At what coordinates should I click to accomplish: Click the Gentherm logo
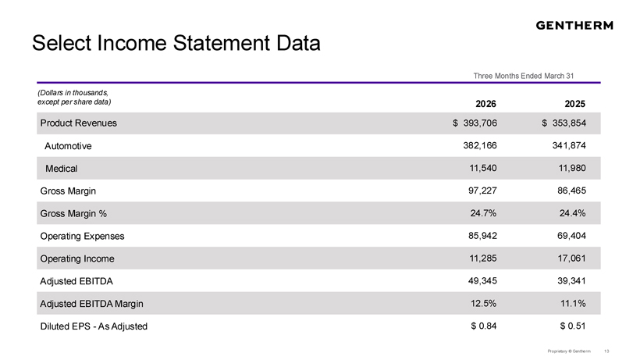tap(574, 25)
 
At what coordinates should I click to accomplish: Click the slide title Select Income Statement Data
tap(176, 43)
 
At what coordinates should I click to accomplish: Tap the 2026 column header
tap(485, 104)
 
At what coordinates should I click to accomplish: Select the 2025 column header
tap(574, 104)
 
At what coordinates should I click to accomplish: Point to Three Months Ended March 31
tap(523, 76)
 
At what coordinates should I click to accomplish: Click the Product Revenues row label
tap(78, 123)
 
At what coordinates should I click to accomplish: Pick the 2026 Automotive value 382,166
tap(480, 146)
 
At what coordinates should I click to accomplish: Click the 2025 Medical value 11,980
tap(572, 168)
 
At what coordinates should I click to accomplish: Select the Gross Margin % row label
tap(73, 213)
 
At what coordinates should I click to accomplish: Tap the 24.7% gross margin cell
tap(483, 213)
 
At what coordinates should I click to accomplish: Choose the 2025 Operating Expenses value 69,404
tap(571, 236)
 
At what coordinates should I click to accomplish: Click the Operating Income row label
tap(77, 258)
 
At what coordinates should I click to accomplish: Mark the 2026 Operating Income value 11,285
tap(483, 258)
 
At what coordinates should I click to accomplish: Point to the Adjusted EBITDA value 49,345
tap(482, 281)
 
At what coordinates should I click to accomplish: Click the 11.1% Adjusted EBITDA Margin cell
tap(573, 303)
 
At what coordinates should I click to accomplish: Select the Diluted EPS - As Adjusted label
tap(94, 326)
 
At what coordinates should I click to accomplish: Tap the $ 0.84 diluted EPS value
tap(484, 326)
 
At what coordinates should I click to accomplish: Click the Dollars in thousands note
tap(74, 97)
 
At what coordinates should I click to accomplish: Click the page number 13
tap(606, 351)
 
